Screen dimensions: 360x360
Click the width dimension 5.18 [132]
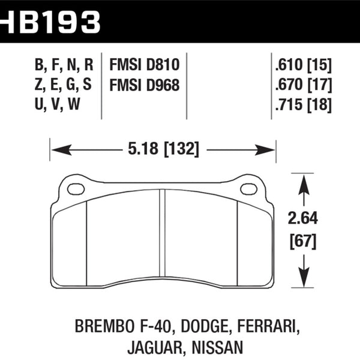click(163, 148)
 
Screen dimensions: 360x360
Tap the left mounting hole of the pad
click(76, 189)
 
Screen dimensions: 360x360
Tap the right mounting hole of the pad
click(248, 189)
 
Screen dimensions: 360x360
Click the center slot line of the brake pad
click(162, 236)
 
